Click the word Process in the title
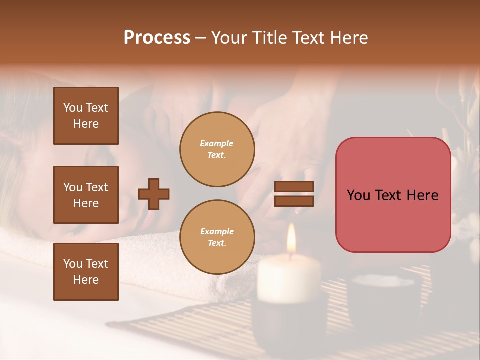pyautogui.click(x=157, y=38)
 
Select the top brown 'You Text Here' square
pyautogui.click(x=86, y=116)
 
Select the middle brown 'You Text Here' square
pyautogui.click(x=86, y=195)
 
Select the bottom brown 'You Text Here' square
pyautogui.click(x=86, y=272)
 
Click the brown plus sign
pyautogui.click(x=154, y=194)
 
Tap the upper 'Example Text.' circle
pyautogui.click(x=217, y=149)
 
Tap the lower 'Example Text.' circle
pyautogui.click(x=217, y=237)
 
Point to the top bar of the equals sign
pyautogui.click(x=294, y=186)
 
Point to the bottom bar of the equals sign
pyautogui.click(x=294, y=201)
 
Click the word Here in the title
pyautogui.click(x=348, y=38)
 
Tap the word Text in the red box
pyautogui.click(x=390, y=195)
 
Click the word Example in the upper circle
pyautogui.click(x=217, y=144)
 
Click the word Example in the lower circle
pyautogui.click(x=217, y=232)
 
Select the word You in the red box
pyautogui.click(x=358, y=195)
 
